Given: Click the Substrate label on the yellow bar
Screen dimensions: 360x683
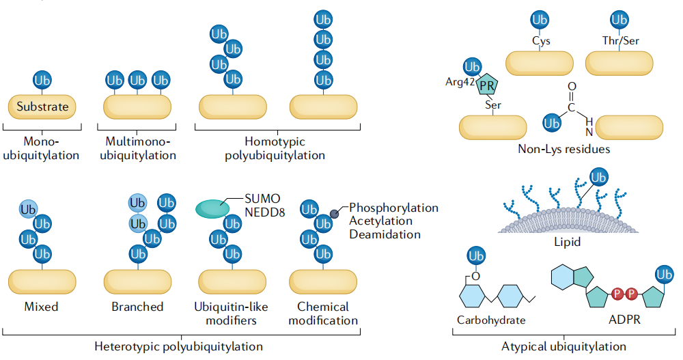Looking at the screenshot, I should click(42, 107).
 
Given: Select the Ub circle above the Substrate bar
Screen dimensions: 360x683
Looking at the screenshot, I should click(42, 80).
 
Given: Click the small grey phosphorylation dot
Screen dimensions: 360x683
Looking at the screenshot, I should click(335, 214).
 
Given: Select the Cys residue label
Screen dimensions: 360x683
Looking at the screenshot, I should click(541, 41).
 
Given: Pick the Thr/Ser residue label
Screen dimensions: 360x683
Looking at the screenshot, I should click(619, 41).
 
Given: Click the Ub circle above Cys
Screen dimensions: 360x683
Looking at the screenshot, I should click(540, 19).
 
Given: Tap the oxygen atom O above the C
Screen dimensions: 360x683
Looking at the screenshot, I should click(572, 86).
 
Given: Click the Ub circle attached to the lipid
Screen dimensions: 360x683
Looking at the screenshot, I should click(599, 178).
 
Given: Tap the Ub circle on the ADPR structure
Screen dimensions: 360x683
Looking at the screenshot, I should click(663, 275).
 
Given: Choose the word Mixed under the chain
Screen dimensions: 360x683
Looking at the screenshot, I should click(41, 307).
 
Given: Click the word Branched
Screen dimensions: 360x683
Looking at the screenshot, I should click(137, 307).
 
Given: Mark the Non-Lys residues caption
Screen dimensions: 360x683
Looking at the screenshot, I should click(563, 148).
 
